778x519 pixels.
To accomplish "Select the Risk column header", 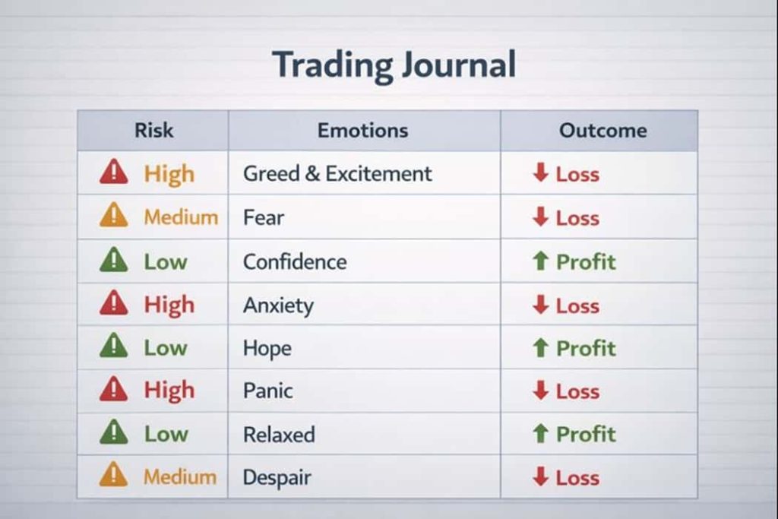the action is (x=153, y=131).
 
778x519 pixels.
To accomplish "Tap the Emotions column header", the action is (x=362, y=131).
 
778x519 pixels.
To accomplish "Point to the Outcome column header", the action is (x=602, y=131).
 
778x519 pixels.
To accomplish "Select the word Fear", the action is (x=264, y=217).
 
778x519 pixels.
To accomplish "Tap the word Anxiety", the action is (x=278, y=305).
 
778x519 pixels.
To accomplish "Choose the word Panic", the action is (x=268, y=391).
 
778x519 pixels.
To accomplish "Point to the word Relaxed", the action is (x=279, y=435).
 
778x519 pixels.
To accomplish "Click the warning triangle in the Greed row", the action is (x=114, y=172).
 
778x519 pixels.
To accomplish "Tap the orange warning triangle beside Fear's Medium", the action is (x=114, y=215).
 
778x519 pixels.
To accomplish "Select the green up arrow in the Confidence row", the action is (x=540, y=261).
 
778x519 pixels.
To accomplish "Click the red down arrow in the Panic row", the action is (x=540, y=390).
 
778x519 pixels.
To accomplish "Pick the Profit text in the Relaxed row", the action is (x=586, y=434).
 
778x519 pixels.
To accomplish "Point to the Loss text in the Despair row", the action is (x=577, y=478).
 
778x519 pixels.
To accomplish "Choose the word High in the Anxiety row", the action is (x=169, y=305).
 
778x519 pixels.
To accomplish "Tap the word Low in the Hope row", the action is (x=166, y=348).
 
